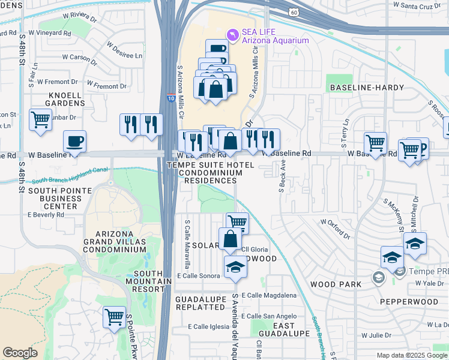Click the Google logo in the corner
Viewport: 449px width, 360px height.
click(20, 353)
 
